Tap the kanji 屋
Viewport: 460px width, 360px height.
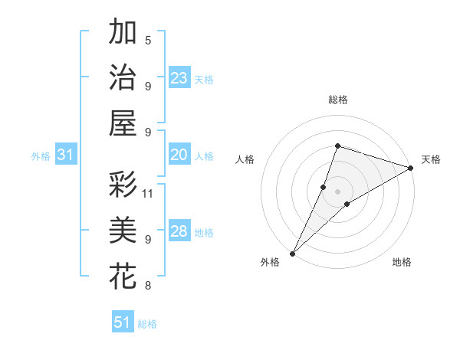point(123,123)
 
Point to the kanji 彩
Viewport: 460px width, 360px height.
point(123,184)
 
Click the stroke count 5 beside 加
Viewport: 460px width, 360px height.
point(148,40)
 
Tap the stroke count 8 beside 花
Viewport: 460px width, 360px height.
point(148,286)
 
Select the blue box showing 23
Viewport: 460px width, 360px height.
point(179,78)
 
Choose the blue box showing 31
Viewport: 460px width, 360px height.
point(65,155)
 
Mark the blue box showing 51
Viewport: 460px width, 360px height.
point(123,322)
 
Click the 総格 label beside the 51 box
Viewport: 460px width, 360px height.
point(147,324)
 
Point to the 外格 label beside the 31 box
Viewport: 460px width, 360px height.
point(41,156)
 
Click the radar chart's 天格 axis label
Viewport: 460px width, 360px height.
point(431,159)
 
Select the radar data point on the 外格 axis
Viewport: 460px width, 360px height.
point(292,253)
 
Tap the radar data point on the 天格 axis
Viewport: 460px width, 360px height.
point(411,169)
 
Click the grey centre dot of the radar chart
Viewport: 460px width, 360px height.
point(337,191)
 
